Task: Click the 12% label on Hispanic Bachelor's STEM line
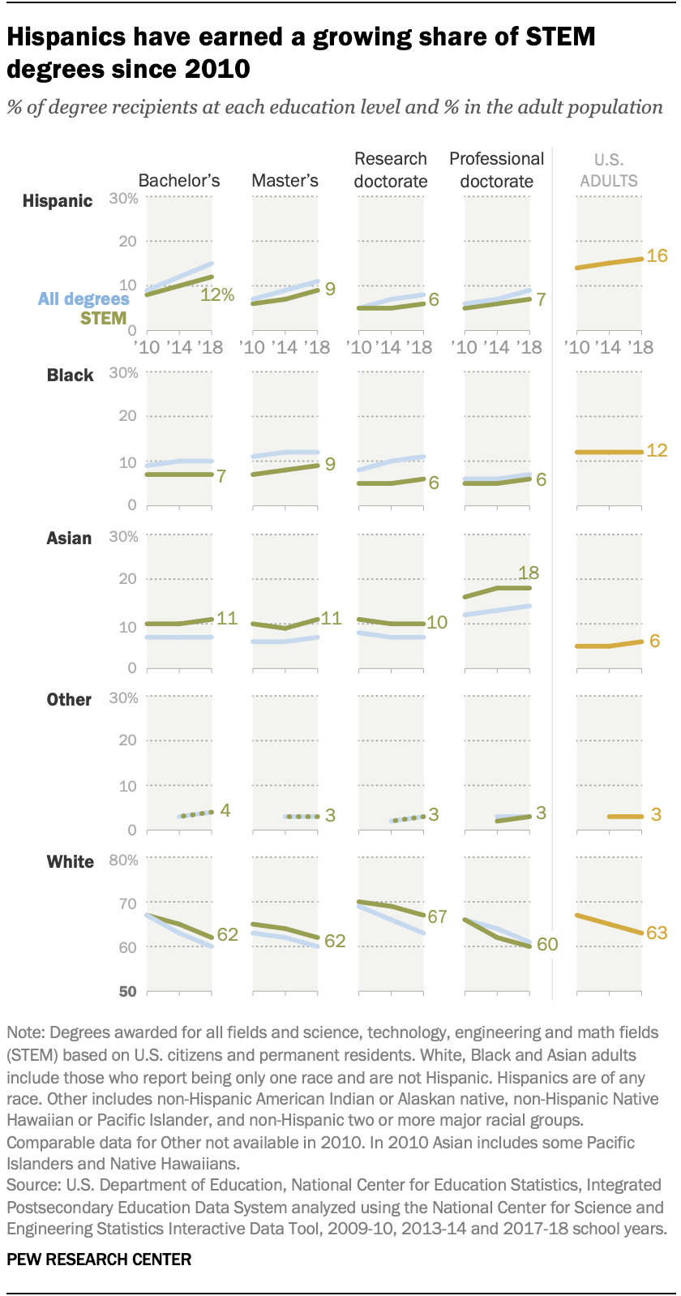[217, 295]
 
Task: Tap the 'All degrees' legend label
[84, 299]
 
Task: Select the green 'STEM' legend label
[104, 319]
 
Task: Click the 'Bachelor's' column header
[179, 181]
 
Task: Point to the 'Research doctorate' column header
[391, 170]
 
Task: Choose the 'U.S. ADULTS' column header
[609, 170]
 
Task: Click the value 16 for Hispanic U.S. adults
[657, 256]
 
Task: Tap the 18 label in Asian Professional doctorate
[529, 573]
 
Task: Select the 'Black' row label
[70, 375]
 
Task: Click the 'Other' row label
[69, 700]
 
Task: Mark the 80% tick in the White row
[123, 860]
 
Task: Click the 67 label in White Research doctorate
[438, 917]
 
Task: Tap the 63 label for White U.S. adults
[657, 933]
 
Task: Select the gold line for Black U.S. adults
[609, 452]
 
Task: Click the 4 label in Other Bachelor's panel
[225, 810]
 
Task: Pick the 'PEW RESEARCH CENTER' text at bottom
[99, 1260]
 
